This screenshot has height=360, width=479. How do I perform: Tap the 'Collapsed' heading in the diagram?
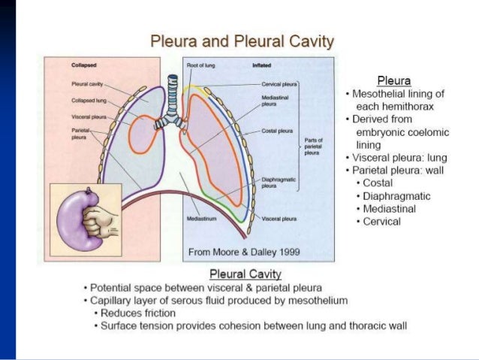point(83,65)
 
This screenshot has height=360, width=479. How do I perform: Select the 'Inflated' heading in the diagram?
point(263,65)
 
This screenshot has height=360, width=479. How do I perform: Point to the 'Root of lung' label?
point(200,65)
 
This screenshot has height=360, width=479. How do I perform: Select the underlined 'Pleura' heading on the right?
point(394,80)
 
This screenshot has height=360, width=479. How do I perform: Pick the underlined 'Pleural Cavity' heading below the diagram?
point(246,275)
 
